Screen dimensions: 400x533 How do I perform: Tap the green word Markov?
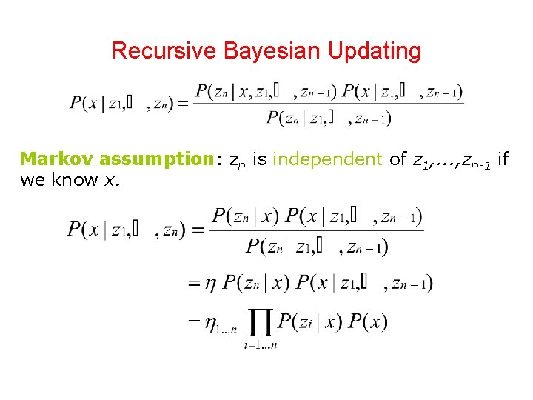(x=57, y=159)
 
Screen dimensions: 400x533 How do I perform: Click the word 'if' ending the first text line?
(x=503, y=159)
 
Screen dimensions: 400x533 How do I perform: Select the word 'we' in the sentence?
(x=32, y=180)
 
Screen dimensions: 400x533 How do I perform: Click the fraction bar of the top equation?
(x=329, y=104)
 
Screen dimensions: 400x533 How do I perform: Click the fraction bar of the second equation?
(x=318, y=230)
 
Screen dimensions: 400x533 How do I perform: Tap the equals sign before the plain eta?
(x=193, y=282)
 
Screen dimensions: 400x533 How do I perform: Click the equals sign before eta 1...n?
(x=193, y=322)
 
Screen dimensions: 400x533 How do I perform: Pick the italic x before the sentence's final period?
(x=110, y=180)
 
